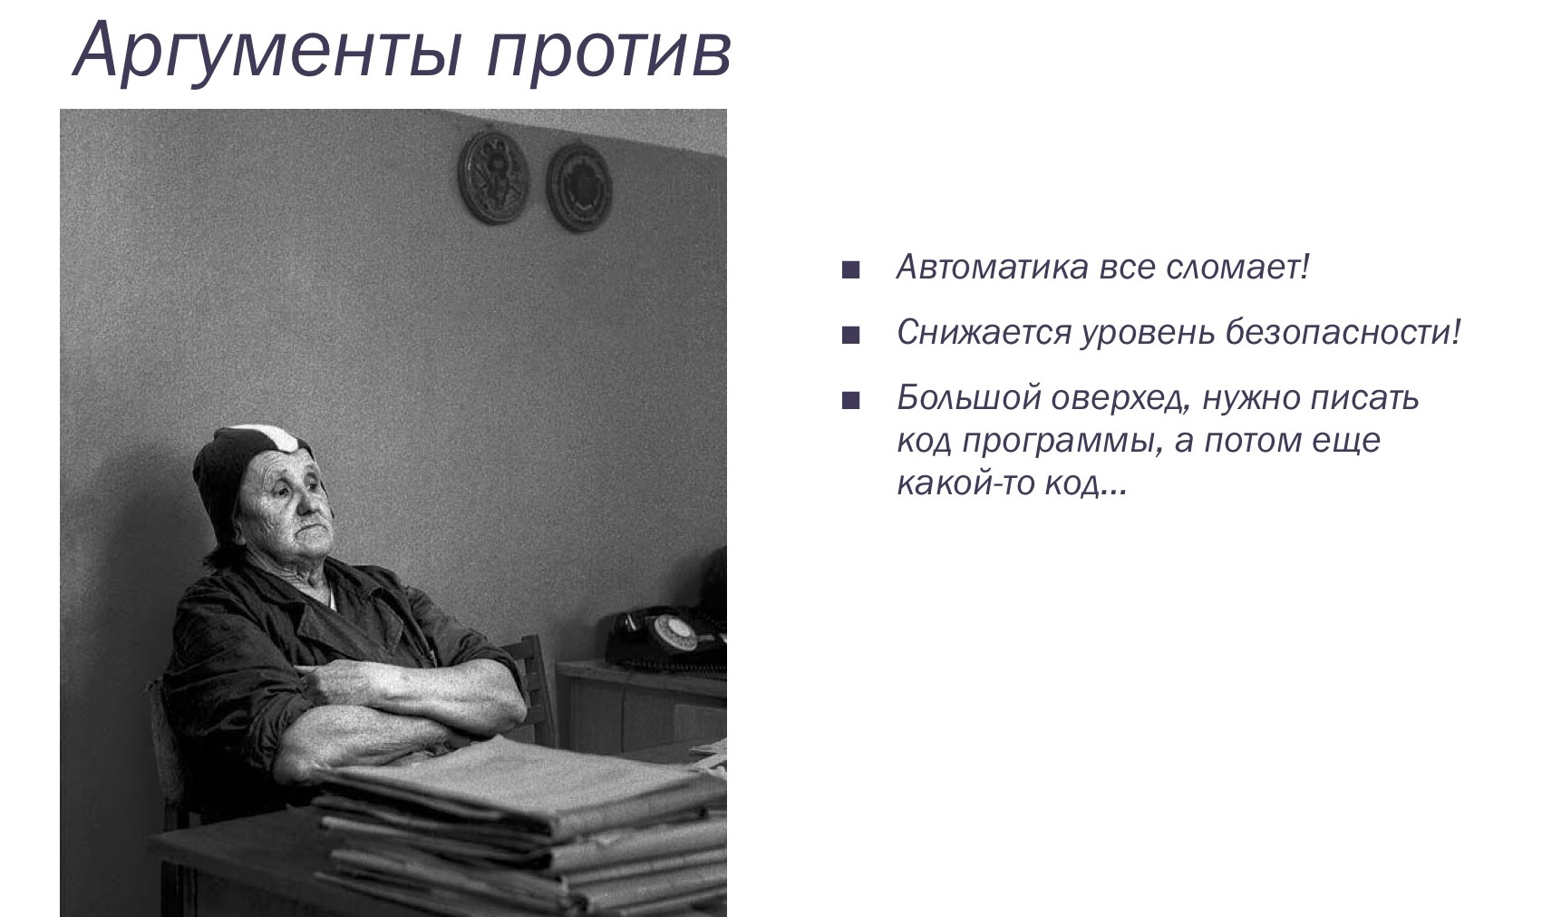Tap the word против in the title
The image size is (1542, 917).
point(606,50)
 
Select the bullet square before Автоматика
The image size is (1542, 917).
point(849,270)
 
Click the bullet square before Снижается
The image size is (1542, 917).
point(849,336)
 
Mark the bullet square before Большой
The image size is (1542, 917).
point(849,401)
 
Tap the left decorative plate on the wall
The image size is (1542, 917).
point(492,174)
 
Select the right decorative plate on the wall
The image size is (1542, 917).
point(577,185)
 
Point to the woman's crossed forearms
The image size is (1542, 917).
point(390,707)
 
